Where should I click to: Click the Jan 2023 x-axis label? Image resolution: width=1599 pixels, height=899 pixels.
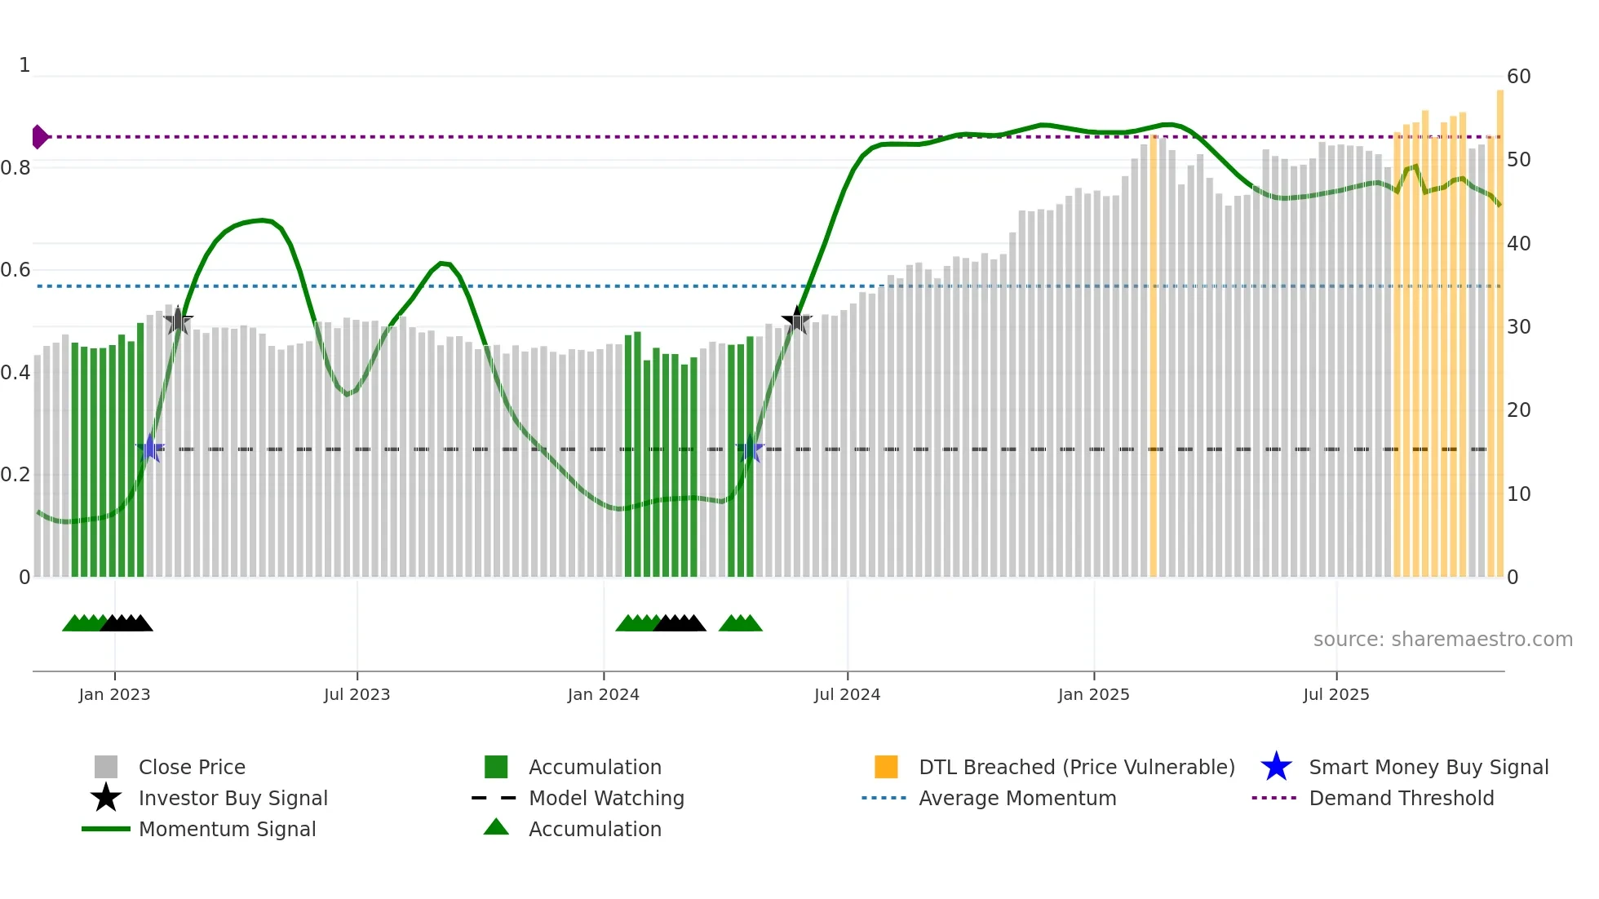(x=114, y=694)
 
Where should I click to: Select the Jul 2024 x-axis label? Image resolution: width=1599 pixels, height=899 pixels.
(x=847, y=694)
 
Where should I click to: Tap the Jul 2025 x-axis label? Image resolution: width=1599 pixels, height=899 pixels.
(x=1335, y=694)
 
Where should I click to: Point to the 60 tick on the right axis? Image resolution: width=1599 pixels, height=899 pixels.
(x=1518, y=77)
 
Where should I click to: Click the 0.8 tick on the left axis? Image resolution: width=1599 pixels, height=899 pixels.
(x=16, y=168)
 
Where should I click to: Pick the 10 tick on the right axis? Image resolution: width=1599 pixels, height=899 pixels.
(x=1518, y=494)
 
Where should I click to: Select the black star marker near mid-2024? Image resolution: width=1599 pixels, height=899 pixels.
(x=796, y=321)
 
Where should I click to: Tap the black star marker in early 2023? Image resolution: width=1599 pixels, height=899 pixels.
(x=178, y=321)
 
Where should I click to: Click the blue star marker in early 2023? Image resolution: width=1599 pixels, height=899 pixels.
(x=150, y=449)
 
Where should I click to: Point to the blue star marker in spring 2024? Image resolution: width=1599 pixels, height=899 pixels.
(x=750, y=449)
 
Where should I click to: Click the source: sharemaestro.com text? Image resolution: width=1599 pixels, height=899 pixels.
(x=1442, y=640)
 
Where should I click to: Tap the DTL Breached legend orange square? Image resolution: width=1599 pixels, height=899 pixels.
(x=886, y=767)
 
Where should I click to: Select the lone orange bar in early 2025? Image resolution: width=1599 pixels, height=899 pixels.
(x=1153, y=359)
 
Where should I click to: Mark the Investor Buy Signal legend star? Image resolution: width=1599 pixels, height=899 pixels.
(x=106, y=798)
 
